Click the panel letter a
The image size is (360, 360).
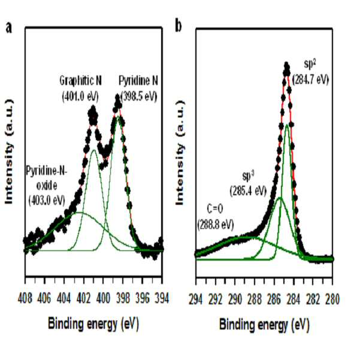click(x=8, y=28)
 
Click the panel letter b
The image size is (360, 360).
click(x=178, y=26)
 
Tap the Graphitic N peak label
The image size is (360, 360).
click(x=81, y=81)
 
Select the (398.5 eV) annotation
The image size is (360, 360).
click(x=139, y=96)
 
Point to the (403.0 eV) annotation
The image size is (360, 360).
click(x=47, y=201)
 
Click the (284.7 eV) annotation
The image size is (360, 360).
click(x=310, y=80)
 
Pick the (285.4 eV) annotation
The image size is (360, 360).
click(x=248, y=191)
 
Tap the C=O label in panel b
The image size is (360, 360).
click(x=215, y=209)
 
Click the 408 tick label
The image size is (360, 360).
click(x=25, y=298)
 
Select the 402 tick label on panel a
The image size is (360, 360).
click(x=84, y=298)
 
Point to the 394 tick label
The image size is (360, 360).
click(x=162, y=298)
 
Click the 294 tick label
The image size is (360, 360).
click(x=196, y=299)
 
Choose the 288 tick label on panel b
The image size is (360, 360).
click(x=255, y=299)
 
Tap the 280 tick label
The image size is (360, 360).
click(x=332, y=299)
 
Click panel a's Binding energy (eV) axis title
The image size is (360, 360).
click(x=93, y=323)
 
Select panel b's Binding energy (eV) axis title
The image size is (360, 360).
click(x=265, y=325)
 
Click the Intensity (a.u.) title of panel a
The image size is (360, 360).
click(x=9, y=152)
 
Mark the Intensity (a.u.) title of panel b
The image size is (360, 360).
click(x=180, y=153)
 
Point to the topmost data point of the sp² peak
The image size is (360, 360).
click(x=286, y=65)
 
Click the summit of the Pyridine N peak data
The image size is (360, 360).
click(x=117, y=99)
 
